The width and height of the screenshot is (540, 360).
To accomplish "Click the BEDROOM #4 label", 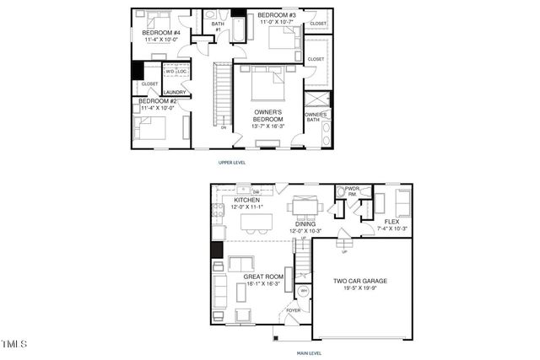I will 159,32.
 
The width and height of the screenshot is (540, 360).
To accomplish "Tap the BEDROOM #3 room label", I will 277,16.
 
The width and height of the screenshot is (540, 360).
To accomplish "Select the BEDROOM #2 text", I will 157,101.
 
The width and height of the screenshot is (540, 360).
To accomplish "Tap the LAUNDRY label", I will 175,93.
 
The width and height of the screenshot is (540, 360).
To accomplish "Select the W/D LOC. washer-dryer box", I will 175,72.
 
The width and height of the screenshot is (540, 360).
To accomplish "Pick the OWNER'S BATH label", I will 316,116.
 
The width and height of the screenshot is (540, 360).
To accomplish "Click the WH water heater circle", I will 304,291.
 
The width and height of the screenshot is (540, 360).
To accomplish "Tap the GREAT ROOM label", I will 262,276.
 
